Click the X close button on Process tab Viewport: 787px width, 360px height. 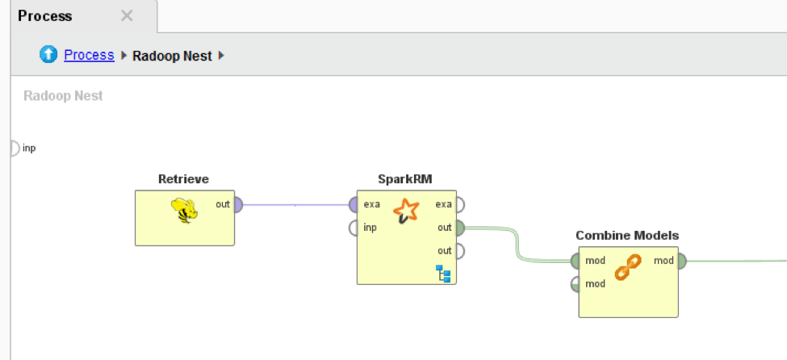[127, 16]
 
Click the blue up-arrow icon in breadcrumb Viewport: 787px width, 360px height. [49, 55]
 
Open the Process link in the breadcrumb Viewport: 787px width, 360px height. [89, 56]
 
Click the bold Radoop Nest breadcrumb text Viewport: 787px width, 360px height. [172, 57]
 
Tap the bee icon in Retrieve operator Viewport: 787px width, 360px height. [185, 211]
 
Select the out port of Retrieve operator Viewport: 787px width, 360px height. [237, 205]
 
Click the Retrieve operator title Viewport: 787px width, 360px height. [184, 179]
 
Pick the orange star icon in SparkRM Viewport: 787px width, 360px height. [406, 212]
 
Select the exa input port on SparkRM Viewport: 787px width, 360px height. [354, 205]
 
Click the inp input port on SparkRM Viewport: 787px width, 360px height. [354, 228]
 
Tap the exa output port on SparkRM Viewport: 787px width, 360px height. [459, 205]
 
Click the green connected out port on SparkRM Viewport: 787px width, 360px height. [459, 228]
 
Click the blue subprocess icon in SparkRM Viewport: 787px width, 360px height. [444, 274]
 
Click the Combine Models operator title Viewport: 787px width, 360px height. [627, 236]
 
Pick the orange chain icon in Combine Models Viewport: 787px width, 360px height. [627, 267]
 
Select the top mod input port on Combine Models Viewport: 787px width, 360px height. [576, 262]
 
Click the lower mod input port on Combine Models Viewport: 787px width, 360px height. [576, 284]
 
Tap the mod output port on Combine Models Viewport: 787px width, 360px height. [681, 262]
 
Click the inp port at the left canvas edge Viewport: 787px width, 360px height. [14, 149]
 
